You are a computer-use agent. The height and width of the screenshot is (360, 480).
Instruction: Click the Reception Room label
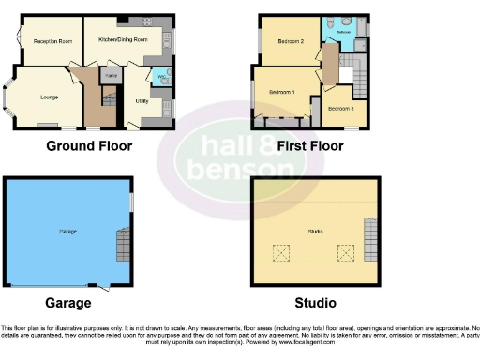[52, 42]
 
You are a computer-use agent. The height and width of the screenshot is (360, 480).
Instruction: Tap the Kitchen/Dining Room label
[128, 41]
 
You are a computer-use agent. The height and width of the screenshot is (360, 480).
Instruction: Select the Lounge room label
[49, 97]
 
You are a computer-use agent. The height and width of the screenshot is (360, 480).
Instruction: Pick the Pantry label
[111, 74]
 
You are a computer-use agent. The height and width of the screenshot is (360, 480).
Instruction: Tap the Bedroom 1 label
[282, 93]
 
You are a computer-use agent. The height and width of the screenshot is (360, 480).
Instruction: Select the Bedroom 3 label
[340, 109]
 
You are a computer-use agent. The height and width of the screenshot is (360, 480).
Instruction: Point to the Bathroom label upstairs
[344, 32]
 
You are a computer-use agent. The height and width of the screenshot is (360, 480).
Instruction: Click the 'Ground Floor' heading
[89, 145]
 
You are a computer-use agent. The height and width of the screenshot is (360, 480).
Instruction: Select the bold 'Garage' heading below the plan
[68, 303]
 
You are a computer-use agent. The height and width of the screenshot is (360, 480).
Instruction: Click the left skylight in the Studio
[278, 251]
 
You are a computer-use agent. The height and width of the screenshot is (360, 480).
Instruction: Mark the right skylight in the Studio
[345, 251]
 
